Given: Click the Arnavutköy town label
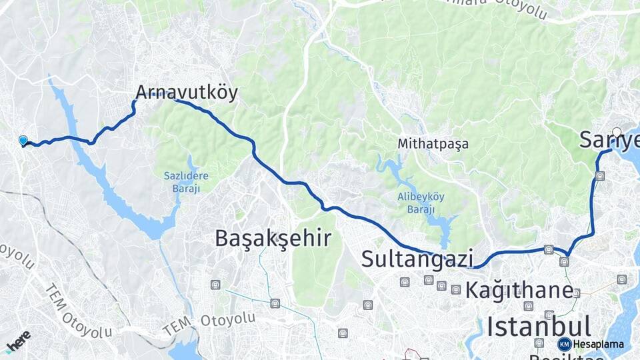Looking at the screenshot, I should coord(187,92).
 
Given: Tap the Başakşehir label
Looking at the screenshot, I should coord(273,238).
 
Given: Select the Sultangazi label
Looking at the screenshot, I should coord(417,258).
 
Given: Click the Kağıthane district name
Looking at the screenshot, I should coord(519,290).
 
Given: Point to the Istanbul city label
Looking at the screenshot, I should coord(539,327).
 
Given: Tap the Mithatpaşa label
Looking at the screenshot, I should coord(433,143).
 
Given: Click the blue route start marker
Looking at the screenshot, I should coord(23,141).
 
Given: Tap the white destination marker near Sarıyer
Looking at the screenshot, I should coord(617,132).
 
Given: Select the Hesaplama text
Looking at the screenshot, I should coord(598,344).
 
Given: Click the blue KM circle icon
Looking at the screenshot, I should coord(565,344).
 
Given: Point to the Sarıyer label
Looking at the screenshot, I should coord(608,140).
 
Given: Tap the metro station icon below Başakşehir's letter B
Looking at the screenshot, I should coord(215,285).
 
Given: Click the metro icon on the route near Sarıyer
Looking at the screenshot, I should coord(600,177).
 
